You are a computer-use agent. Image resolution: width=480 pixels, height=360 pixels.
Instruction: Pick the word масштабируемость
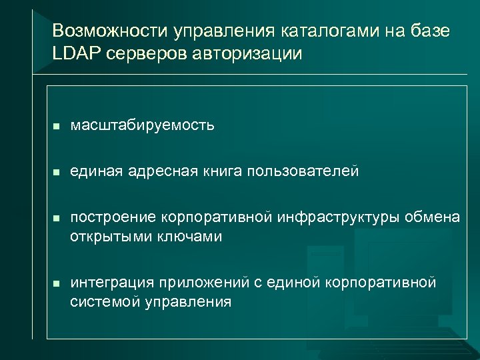coord(143,125)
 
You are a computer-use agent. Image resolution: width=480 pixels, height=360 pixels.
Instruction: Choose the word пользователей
coord(303,173)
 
